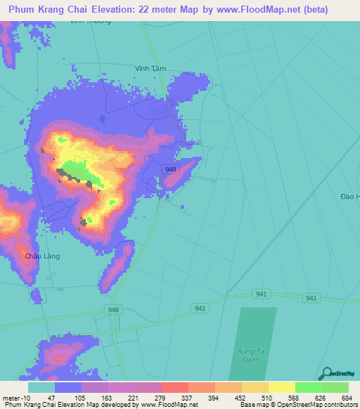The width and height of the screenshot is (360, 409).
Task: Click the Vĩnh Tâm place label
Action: (x=150, y=68)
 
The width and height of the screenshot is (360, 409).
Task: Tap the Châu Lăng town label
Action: (x=42, y=256)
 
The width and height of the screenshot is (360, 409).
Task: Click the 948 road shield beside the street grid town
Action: (x=171, y=169)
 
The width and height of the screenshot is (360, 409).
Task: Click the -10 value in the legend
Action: (x=28, y=398)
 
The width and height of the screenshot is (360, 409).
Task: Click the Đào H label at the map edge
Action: (x=348, y=197)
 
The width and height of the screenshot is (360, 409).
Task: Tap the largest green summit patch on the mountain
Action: (x=75, y=171)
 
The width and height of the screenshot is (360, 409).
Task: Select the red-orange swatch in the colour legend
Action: (x=174, y=387)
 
